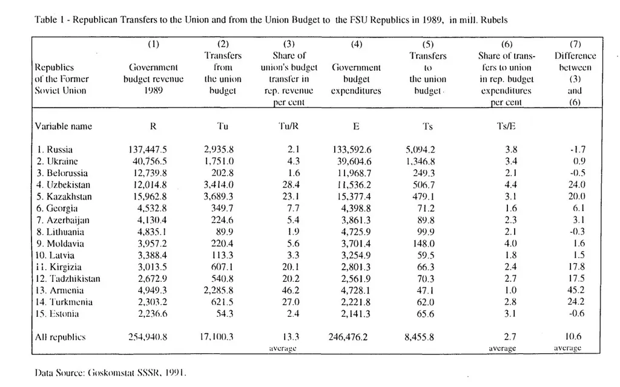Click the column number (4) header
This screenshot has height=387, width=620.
click(357, 44)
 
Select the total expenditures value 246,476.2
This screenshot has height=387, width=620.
click(355, 337)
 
